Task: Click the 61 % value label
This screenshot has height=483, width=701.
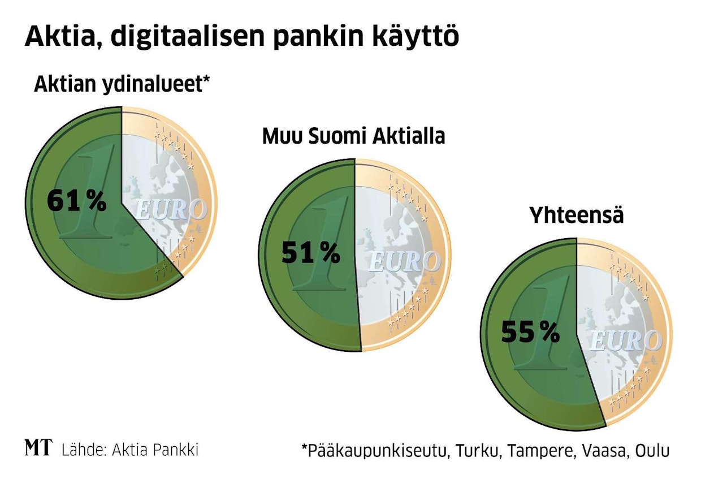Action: coord(76,201)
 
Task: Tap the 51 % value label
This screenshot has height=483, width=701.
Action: coord(310,253)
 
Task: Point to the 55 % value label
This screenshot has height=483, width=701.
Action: coord(530,333)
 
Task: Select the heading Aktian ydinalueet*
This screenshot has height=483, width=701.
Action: coord(122,85)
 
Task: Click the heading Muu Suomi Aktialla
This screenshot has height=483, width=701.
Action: coord(353,136)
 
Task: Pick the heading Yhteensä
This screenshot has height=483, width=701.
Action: coord(576,215)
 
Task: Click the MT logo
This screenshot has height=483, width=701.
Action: coord(38,448)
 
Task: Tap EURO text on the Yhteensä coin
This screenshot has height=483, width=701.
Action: coord(625,341)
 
